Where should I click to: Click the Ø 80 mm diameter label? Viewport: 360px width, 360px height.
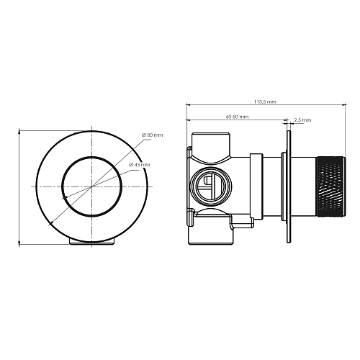tap(152, 135)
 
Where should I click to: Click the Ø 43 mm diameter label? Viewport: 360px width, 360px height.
tap(139, 165)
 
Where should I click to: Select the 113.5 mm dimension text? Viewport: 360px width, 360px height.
tap(265, 102)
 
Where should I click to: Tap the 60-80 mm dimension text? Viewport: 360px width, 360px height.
tap(237, 117)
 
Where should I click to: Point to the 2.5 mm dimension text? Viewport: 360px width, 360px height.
tap(302, 120)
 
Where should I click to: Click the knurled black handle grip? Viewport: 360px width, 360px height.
tap(331, 186)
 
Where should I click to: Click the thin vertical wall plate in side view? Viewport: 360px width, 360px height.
tap(289, 186)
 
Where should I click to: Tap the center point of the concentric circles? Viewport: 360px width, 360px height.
tap(91, 186)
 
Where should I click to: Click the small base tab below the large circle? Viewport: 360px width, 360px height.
tap(91, 242)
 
